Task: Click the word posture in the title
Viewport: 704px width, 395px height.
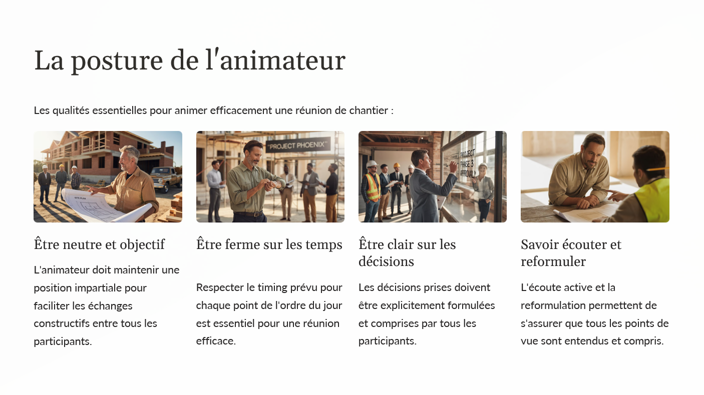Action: tap(117, 60)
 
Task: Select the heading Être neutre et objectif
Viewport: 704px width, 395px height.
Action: tap(99, 244)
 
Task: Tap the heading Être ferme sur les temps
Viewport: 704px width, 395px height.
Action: tap(269, 244)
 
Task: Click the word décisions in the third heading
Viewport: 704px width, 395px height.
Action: tap(386, 261)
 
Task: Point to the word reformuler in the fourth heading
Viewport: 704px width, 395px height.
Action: tap(553, 261)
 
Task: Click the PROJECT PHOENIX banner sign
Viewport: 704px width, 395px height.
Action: tap(298, 145)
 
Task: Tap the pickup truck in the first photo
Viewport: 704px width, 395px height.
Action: tap(165, 179)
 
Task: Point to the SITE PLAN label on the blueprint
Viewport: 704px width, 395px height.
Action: tap(80, 198)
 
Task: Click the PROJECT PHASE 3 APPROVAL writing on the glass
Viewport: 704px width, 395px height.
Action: tap(467, 164)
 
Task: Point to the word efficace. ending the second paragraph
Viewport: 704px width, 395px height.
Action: tap(216, 341)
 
